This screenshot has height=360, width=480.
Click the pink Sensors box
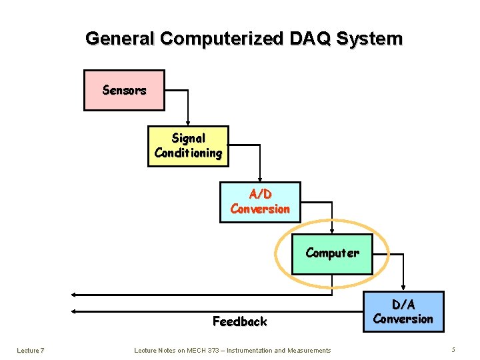click(x=124, y=90)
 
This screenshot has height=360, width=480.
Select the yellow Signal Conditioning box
click(x=188, y=146)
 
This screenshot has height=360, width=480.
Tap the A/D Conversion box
click(x=260, y=201)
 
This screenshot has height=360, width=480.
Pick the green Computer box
click(x=332, y=253)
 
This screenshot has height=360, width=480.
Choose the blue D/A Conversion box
click(x=403, y=311)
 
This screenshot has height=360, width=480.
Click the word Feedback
click(x=239, y=321)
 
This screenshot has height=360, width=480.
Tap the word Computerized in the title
click(x=222, y=39)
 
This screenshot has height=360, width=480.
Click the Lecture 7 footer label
click(x=31, y=350)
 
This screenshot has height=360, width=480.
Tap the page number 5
click(x=453, y=350)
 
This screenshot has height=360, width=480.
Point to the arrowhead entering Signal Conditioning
click(x=188, y=123)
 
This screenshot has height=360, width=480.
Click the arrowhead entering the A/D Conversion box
click(x=260, y=179)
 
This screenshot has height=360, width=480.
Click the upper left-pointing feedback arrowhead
click(x=75, y=294)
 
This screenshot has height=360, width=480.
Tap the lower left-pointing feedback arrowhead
click(x=75, y=311)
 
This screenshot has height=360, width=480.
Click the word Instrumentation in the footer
click(x=249, y=350)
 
